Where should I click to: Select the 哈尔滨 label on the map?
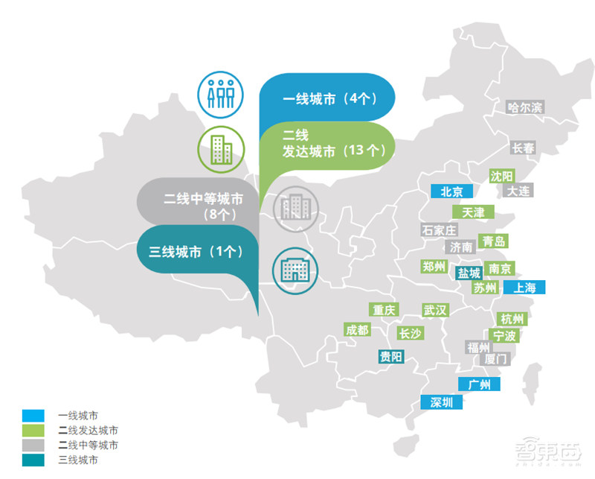[x=525, y=108]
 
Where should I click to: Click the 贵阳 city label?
[x=391, y=357]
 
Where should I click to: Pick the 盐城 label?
[x=469, y=273]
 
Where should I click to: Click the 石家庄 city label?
[x=439, y=230]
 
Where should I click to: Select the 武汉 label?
[x=435, y=310]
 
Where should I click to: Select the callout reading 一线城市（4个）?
[x=327, y=98]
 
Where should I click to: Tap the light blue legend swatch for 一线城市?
[x=33, y=416]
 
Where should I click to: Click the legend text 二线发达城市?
[x=88, y=431]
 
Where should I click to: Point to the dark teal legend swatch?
[x=33, y=460]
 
